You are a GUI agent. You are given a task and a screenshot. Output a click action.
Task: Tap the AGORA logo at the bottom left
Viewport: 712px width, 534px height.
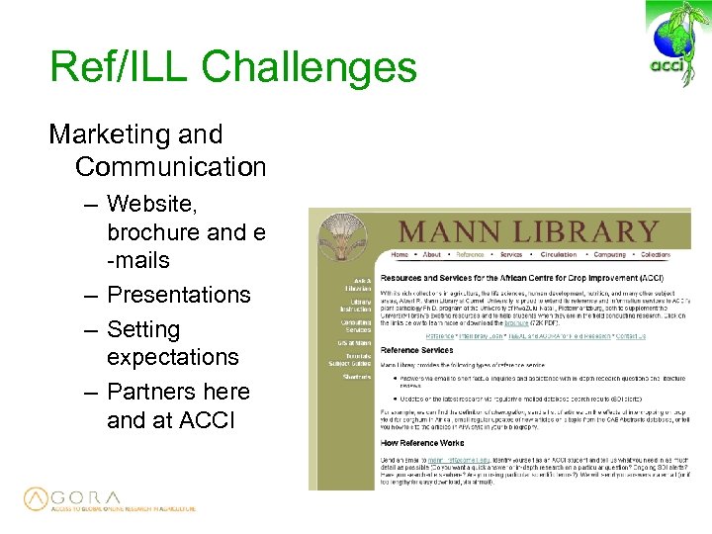[109, 499]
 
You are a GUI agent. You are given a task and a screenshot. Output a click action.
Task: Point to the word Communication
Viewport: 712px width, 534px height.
[170, 167]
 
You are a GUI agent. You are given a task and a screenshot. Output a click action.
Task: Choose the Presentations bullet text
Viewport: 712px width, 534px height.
[178, 295]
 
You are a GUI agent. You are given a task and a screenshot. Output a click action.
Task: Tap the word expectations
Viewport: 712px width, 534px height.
[172, 357]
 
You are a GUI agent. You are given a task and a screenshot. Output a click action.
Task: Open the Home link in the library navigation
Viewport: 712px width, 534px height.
[400, 255]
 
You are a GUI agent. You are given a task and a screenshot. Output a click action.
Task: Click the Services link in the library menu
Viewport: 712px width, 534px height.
[511, 255]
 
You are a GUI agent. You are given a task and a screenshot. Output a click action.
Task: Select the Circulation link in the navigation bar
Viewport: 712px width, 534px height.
[558, 255]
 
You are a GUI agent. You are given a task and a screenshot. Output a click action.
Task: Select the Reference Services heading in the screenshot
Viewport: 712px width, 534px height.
[417, 350]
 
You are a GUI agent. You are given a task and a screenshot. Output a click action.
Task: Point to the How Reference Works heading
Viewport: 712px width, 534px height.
[422, 443]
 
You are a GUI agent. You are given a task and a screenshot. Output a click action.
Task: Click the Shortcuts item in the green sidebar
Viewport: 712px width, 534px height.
[357, 376]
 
